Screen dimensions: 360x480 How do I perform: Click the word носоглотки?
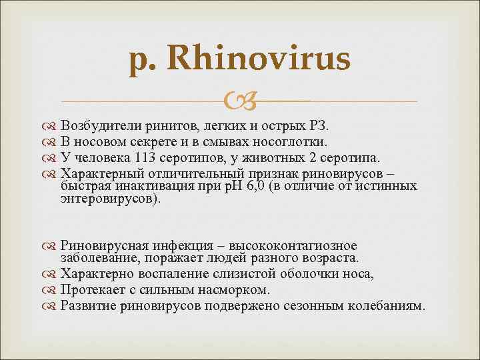(x=292, y=141)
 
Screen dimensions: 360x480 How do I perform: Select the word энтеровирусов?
(x=109, y=199)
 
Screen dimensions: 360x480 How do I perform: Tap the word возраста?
(x=329, y=257)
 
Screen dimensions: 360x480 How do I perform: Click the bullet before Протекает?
(x=52, y=291)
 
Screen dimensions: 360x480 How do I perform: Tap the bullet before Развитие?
(x=52, y=307)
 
